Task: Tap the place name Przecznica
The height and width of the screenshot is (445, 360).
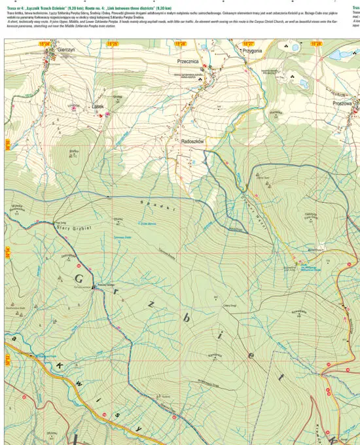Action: [x=187, y=59]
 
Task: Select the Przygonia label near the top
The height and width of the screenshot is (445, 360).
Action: [x=252, y=50]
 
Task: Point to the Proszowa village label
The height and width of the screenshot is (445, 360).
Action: [x=342, y=103]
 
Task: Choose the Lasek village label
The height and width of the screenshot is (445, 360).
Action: [x=98, y=107]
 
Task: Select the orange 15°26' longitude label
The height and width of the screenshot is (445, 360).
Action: [x=181, y=43]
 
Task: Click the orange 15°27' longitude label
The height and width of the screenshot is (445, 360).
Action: [x=248, y=43]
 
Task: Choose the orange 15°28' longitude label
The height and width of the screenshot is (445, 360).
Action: [x=316, y=43]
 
